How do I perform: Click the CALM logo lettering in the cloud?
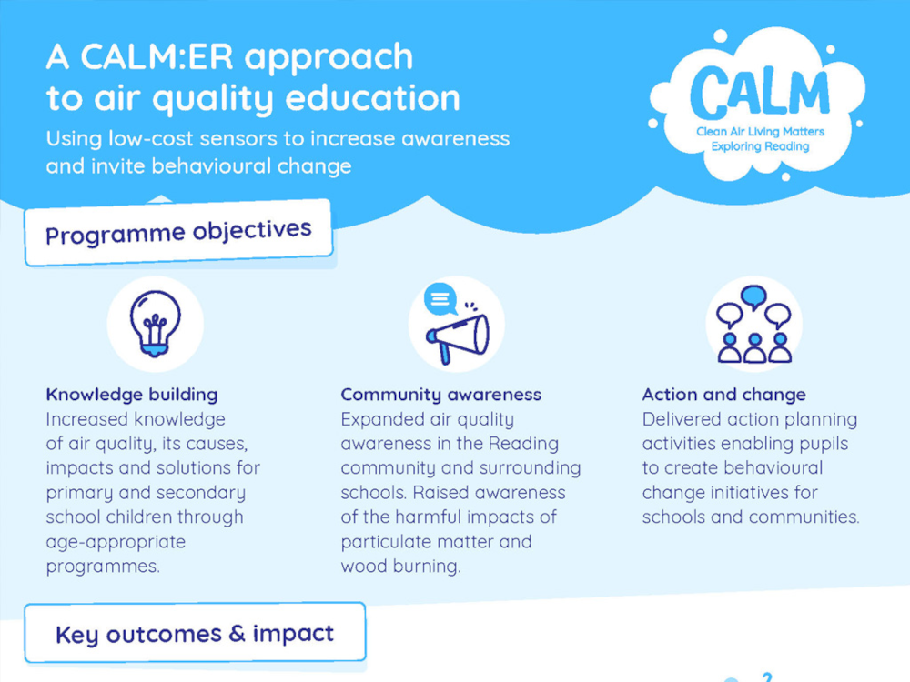click(760, 93)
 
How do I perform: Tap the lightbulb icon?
click(155, 324)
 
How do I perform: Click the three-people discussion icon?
click(753, 325)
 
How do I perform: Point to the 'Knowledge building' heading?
click(132, 395)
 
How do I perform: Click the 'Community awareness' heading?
click(441, 395)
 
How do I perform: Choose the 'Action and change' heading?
click(723, 395)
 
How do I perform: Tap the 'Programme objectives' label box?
click(178, 233)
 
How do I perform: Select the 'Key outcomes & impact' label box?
click(195, 633)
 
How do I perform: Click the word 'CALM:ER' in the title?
click(157, 56)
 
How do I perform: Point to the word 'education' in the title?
click(372, 97)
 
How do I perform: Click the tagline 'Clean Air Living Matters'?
click(760, 132)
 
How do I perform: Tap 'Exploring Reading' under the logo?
click(760, 146)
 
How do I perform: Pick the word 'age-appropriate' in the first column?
click(116, 542)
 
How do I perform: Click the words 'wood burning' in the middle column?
click(400, 566)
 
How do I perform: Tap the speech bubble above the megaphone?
click(440, 298)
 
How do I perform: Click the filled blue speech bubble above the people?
click(753, 296)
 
